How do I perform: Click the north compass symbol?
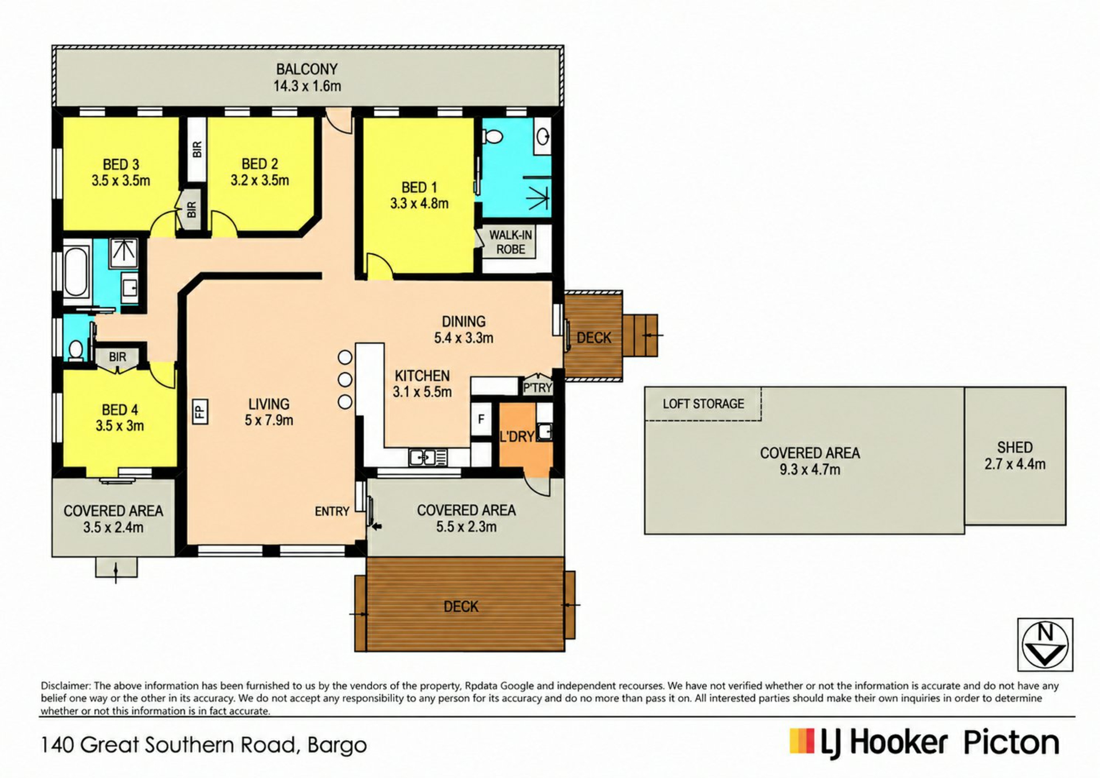coord(1045,645)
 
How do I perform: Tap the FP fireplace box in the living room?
coord(199,411)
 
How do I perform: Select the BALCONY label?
coord(307,69)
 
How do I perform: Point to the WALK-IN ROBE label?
coord(510,242)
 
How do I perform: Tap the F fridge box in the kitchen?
coord(481,419)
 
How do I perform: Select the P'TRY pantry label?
coord(537,388)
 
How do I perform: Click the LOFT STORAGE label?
coord(704,404)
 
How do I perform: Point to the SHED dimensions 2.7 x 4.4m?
coord(1015,465)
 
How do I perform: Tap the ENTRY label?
coord(332,512)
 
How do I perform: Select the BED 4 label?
coord(120,410)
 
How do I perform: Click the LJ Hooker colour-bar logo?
coord(802,741)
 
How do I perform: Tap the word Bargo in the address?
coord(337,746)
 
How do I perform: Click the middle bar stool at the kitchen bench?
coord(345,379)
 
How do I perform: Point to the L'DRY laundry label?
coord(517,437)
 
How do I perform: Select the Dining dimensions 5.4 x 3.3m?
coord(463,338)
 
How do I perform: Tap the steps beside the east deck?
coord(640,335)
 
